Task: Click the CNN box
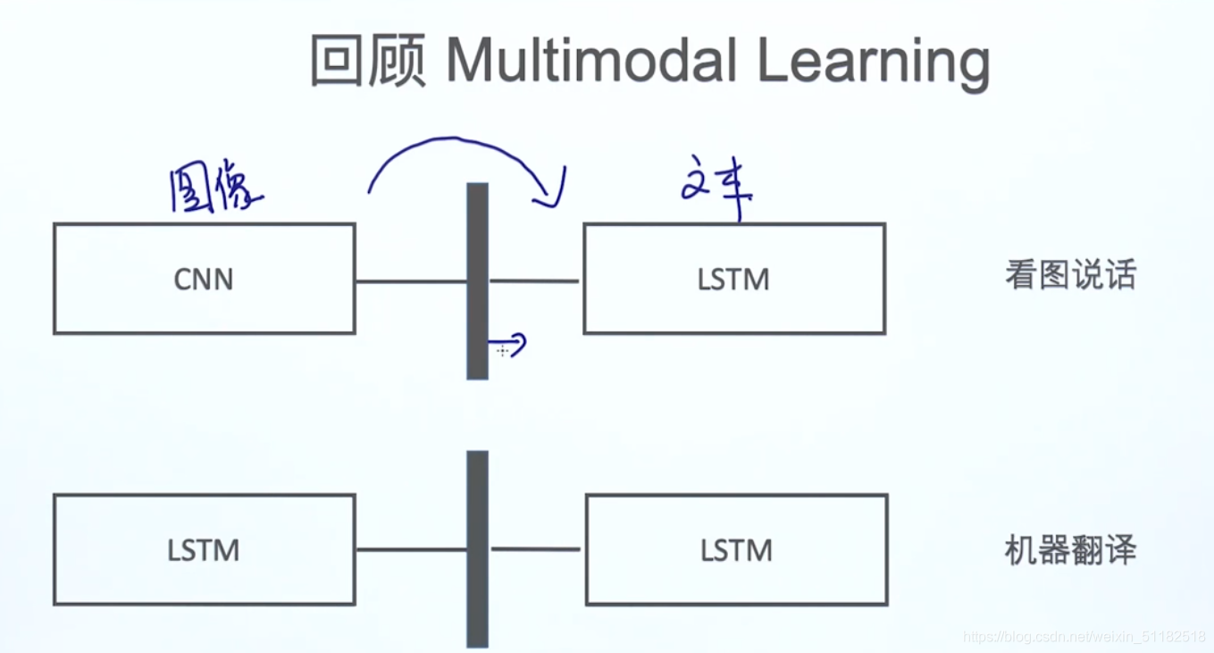click(204, 279)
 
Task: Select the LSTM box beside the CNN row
click(733, 279)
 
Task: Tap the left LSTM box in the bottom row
click(204, 549)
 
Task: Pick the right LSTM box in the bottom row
click(736, 549)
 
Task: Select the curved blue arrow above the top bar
click(460, 152)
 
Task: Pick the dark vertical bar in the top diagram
click(478, 280)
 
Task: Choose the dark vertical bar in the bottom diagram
click(478, 548)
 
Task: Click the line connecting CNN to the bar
click(411, 281)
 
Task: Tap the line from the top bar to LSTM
click(534, 280)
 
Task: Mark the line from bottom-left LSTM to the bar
click(411, 549)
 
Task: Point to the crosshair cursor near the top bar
click(502, 351)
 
